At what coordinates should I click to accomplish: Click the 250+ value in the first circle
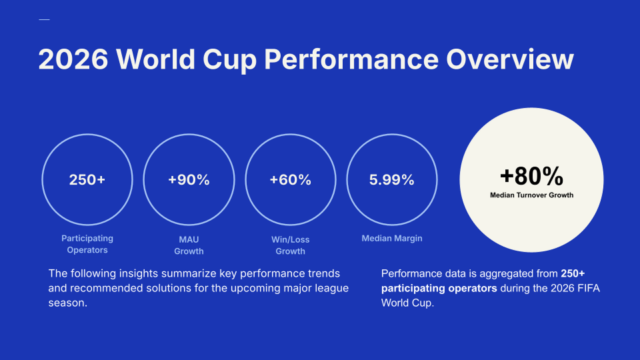point(87,179)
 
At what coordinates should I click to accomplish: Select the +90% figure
point(189,179)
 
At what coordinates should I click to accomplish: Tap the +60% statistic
point(290,179)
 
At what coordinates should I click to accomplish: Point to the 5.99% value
point(392,179)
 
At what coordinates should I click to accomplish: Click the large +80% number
point(531,176)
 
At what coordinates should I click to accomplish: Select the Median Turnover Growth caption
point(531,195)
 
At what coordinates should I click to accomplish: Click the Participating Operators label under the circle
point(87,244)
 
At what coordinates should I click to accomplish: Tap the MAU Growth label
point(189,245)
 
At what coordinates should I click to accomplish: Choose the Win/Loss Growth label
point(290,245)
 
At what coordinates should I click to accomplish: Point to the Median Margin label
point(392,239)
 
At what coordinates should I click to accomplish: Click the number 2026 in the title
point(73,59)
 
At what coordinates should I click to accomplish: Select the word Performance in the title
point(351,59)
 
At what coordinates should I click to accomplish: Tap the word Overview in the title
point(510,59)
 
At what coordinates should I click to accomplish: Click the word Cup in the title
point(229,61)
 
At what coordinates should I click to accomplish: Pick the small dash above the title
point(44,19)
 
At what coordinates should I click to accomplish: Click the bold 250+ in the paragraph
point(573,273)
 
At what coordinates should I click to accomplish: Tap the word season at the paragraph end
point(66,303)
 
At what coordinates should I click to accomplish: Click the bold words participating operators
point(439,289)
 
